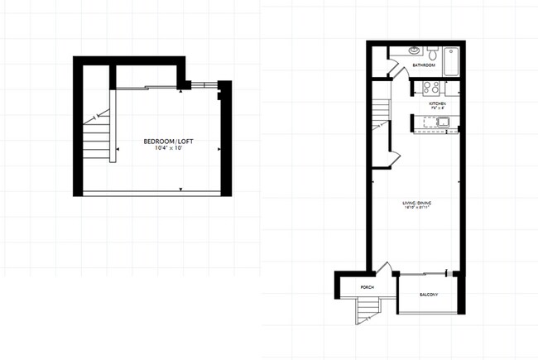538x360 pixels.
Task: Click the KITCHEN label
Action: pyautogui.click(x=438, y=104)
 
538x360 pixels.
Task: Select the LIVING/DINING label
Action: pyautogui.click(x=416, y=202)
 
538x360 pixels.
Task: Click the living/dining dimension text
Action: pyautogui.click(x=416, y=208)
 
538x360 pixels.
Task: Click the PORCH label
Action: pyautogui.click(x=367, y=287)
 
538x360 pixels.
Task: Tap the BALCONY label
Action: pyautogui.click(x=428, y=295)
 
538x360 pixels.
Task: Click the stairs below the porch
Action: pyautogui.click(x=366, y=310)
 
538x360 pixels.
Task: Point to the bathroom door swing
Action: pyautogui.click(x=398, y=72)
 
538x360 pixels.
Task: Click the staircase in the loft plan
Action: pyautogui.click(x=98, y=137)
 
